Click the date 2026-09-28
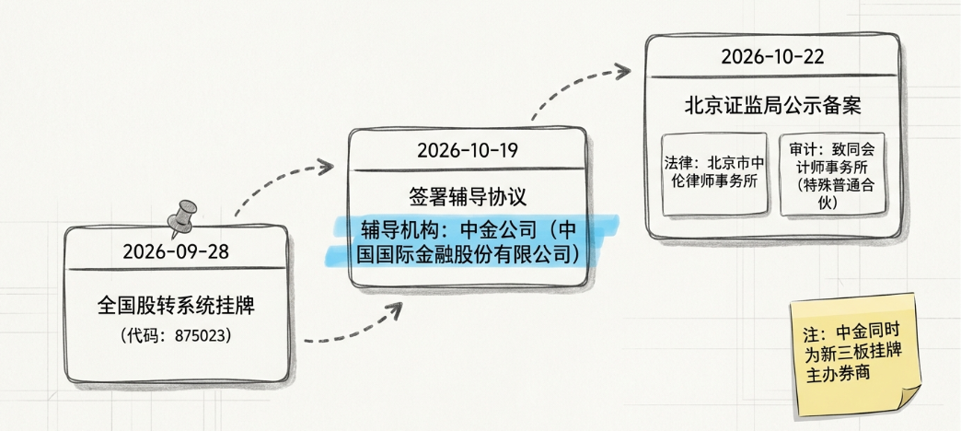pos(176,252)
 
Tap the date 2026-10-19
pos(468,151)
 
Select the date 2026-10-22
pos(772,57)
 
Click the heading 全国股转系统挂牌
pos(176,306)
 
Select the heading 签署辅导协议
pos(468,197)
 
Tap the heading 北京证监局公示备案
pos(773,106)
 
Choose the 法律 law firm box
pos(714,174)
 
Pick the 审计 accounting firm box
pos(832,174)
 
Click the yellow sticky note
pos(855,355)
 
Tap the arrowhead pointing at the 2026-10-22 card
pos(622,71)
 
